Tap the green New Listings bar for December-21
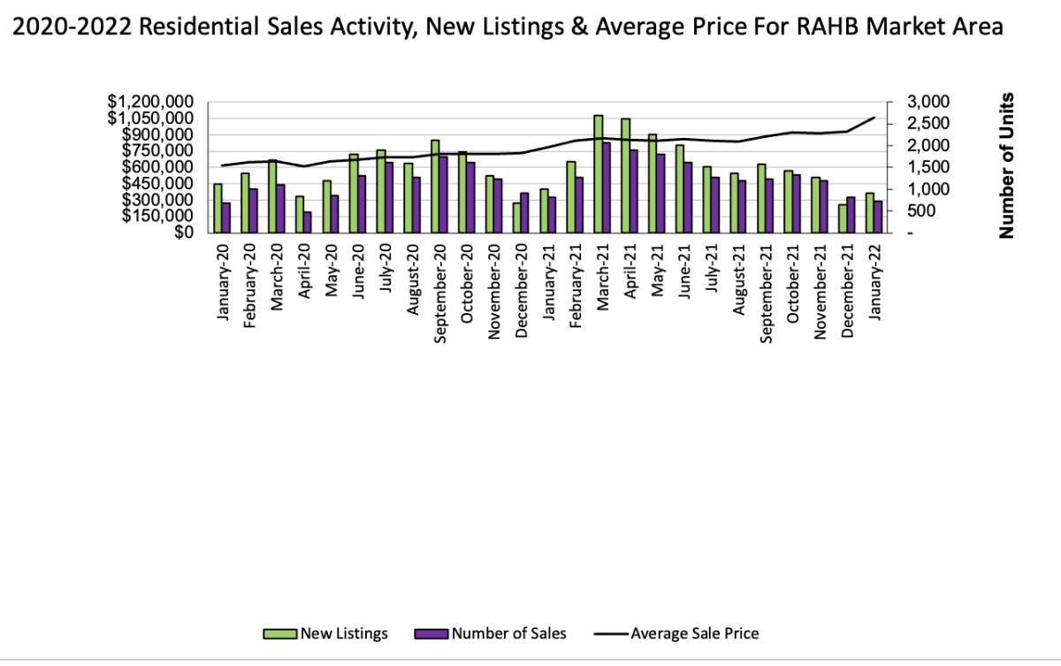(x=843, y=218)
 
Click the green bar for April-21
(x=625, y=175)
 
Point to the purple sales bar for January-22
(x=878, y=217)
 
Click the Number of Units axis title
(x=1005, y=165)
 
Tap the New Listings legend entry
(x=343, y=633)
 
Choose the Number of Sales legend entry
(x=508, y=633)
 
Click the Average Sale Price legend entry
(x=694, y=633)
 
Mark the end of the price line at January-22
(x=874, y=118)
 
